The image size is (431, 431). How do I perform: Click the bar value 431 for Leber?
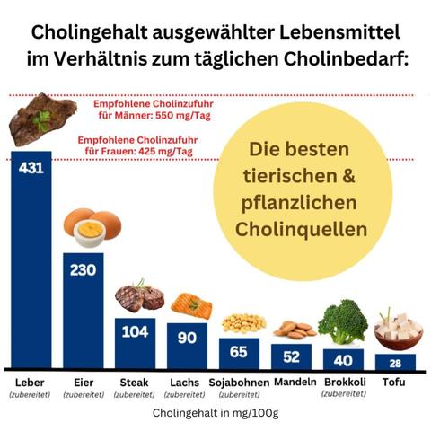31,168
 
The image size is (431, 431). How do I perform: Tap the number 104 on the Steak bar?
135,331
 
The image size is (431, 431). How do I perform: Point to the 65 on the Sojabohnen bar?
239,351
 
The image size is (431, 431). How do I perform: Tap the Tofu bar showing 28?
395,362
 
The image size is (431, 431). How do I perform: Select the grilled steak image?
138,297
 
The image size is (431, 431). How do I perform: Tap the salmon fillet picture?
191,305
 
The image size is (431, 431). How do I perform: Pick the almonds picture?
293,330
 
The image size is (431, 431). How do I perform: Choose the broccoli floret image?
343,321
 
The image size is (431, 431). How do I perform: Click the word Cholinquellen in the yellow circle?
302,230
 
